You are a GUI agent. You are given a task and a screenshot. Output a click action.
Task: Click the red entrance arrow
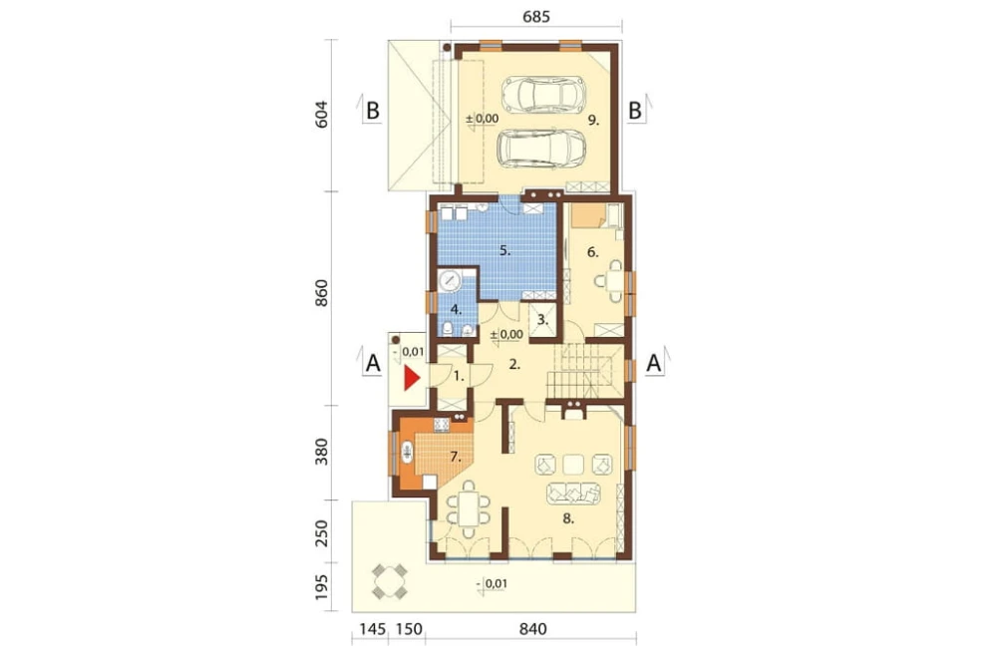(412, 379)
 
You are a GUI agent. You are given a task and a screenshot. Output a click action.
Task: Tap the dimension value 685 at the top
(536, 17)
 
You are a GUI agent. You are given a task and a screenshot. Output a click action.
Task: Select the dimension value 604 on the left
(322, 114)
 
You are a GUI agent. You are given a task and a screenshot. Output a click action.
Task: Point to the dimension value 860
(322, 292)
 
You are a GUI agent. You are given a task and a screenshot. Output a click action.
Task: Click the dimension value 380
(322, 451)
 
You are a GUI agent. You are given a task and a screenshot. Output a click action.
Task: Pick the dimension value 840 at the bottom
(532, 629)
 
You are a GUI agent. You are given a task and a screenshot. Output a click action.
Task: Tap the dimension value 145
(373, 629)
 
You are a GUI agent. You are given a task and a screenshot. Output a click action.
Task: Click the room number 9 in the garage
(593, 120)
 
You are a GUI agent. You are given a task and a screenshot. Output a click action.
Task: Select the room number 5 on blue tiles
(504, 251)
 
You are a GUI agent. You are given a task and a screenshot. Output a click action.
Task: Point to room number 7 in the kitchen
(455, 456)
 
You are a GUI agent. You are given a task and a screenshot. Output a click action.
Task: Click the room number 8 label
(568, 518)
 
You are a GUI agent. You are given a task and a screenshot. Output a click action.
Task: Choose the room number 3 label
(542, 320)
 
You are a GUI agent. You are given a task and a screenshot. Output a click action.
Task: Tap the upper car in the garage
(543, 94)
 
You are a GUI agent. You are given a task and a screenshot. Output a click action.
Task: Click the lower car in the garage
(541, 149)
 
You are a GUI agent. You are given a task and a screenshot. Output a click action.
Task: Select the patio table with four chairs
(389, 581)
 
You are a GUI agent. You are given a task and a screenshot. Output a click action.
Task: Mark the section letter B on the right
(634, 111)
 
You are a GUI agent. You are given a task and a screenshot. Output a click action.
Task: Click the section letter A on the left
(373, 364)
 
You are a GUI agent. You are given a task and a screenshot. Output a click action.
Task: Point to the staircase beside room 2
(583, 372)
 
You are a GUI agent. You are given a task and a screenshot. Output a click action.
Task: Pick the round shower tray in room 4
(451, 280)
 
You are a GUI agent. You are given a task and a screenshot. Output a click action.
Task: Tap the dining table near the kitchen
(469, 508)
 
